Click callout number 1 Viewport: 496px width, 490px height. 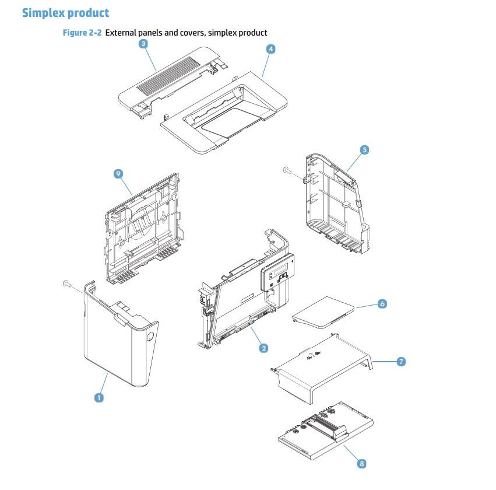pyautogui.click(x=99, y=397)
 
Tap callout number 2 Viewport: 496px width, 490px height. pyautogui.click(x=263, y=348)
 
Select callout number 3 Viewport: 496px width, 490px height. pyautogui.click(x=143, y=44)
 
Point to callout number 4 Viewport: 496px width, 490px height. pyautogui.click(x=270, y=50)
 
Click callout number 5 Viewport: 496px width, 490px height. pyautogui.click(x=364, y=150)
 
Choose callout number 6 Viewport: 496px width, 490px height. pyautogui.click(x=382, y=304)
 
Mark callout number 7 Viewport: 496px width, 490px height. pyautogui.click(x=401, y=362)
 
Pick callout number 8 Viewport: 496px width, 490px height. pyautogui.click(x=361, y=464)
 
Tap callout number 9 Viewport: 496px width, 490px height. pyautogui.click(x=118, y=174)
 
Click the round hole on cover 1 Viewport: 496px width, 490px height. pyautogui.click(x=150, y=337)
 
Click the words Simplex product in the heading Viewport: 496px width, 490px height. pyautogui.click(x=65, y=12)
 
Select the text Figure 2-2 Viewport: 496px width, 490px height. pyautogui.click(x=82, y=33)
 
